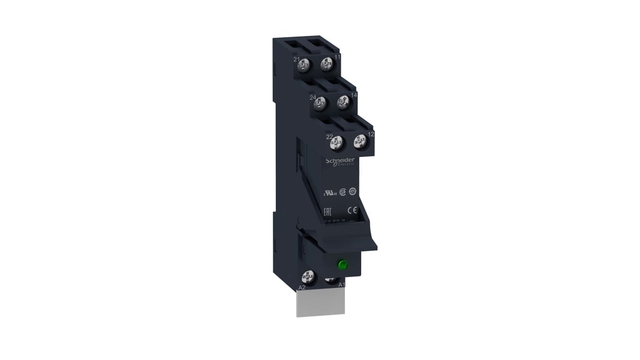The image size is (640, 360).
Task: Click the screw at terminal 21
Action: tap(306, 64)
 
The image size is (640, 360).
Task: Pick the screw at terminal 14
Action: tap(343, 103)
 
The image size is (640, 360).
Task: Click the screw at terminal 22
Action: tap(338, 143)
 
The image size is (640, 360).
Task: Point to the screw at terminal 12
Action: tap(360, 142)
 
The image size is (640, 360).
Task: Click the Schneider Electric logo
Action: tap(340, 162)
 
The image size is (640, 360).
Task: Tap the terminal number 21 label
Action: tap(296, 59)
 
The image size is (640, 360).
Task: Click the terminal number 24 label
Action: tap(312, 97)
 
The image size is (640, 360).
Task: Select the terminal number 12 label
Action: tap(371, 134)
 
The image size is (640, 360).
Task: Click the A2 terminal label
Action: tap(302, 287)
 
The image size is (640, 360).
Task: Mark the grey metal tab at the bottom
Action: tap(322, 303)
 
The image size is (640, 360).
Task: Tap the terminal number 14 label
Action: tap(354, 95)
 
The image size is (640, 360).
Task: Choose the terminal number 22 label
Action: tap(329, 137)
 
